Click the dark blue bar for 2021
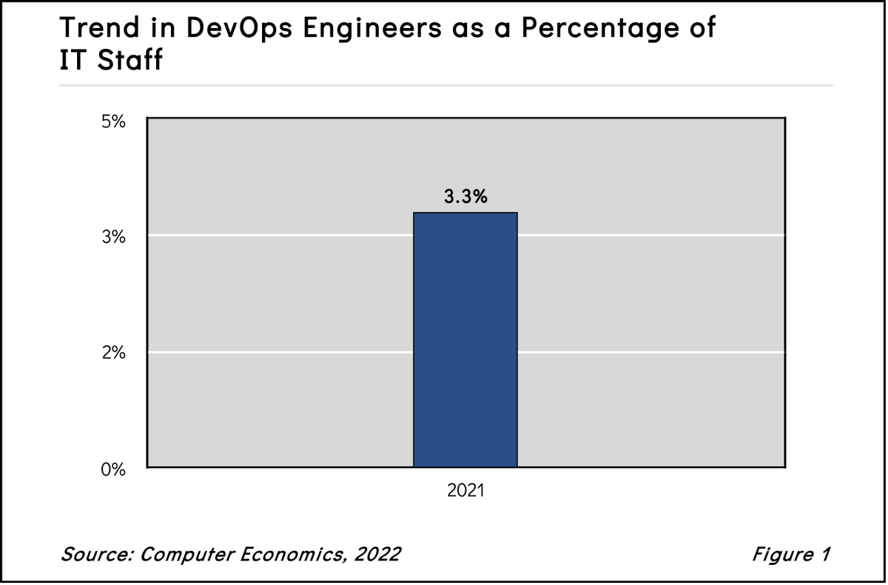click(465, 340)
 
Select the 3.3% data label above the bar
click(465, 198)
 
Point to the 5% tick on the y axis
click(114, 122)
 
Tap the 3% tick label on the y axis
click(114, 238)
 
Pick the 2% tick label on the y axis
click(114, 353)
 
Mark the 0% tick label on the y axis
click(114, 469)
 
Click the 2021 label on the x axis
click(465, 491)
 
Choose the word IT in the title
click(73, 61)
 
